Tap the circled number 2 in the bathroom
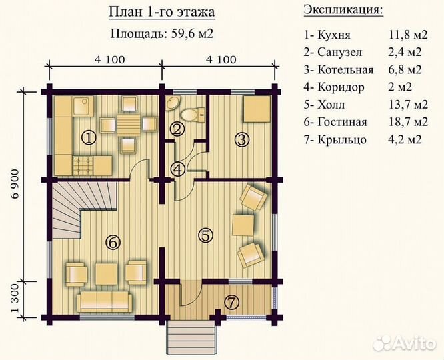176,130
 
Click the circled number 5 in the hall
205,234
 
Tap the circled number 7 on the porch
231,301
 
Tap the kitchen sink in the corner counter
82,103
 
